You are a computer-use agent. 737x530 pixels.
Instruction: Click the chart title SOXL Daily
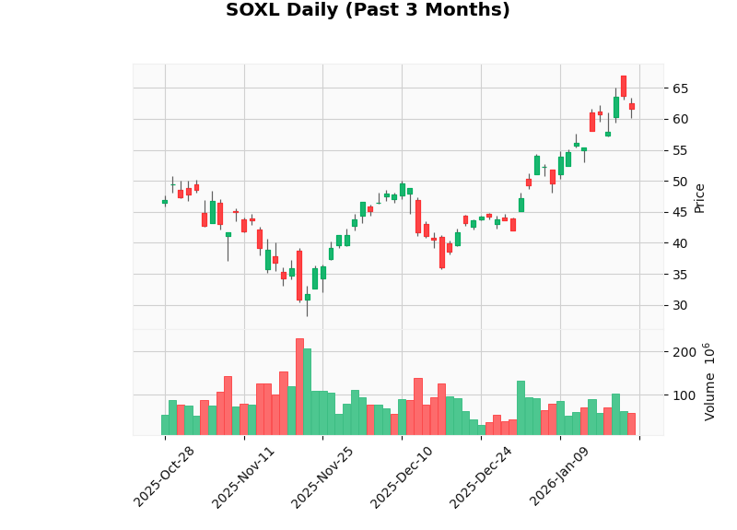[368, 10]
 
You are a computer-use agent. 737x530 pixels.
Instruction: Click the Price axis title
[700, 197]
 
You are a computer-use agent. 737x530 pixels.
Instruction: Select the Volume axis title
[710, 382]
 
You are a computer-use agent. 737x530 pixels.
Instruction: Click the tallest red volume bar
[299, 387]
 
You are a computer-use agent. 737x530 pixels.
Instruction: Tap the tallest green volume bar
[308, 392]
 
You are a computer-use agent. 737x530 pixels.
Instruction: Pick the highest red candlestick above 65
[624, 86]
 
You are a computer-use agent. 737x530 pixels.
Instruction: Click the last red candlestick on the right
[632, 106]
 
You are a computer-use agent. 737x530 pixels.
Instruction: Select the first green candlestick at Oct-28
[165, 202]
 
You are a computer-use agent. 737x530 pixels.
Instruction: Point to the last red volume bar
[632, 424]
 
